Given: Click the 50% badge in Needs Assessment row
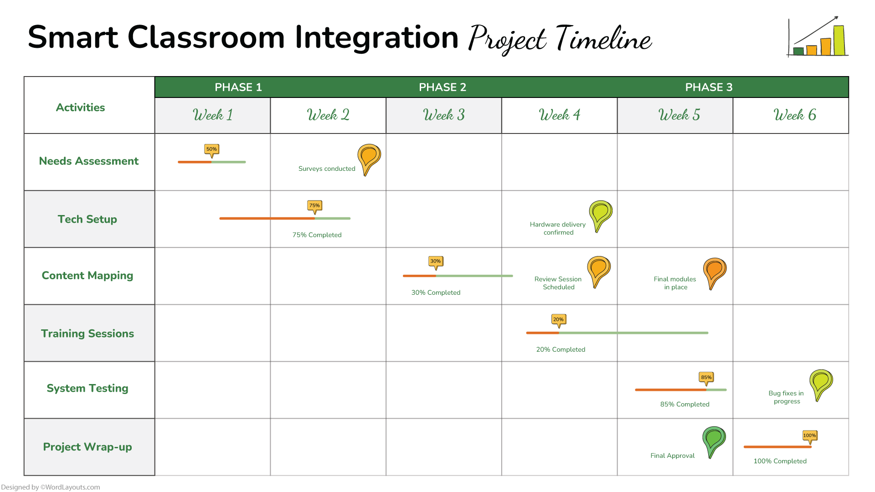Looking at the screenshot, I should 211,149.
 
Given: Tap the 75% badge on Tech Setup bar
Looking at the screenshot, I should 314,206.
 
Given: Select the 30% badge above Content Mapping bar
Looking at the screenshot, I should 436,261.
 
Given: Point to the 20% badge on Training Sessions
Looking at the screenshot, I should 559,320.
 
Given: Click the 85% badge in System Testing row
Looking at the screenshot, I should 706,378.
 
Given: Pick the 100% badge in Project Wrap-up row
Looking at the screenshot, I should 810,436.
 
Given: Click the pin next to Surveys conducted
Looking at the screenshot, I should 369,158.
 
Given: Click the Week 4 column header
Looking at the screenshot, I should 559,115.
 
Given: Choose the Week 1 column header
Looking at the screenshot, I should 212,115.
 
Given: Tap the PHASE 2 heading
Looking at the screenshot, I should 443,87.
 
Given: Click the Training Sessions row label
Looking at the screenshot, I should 87,333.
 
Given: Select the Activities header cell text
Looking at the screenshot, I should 80,108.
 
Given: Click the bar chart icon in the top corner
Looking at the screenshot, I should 818,37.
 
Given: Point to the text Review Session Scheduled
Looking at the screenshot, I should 558,283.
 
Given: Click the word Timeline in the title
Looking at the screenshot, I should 604,38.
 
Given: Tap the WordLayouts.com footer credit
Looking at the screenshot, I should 51,487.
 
